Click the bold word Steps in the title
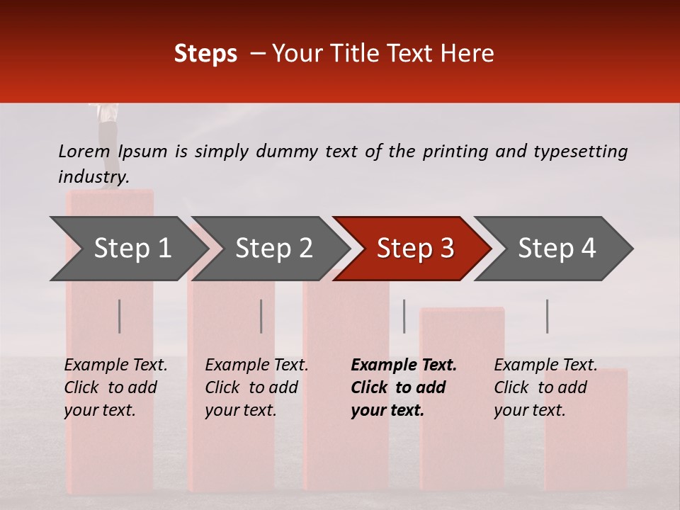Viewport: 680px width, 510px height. [x=205, y=53]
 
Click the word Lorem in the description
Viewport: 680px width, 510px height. [x=84, y=151]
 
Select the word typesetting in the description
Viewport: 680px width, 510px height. [x=580, y=152]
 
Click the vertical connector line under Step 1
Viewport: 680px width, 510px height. [x=119, y=316]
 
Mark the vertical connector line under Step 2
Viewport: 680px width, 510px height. [x=261, y=316]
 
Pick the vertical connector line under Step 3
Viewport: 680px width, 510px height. [x=404, y=316]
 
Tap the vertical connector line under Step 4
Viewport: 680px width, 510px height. [x=547, y=316]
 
